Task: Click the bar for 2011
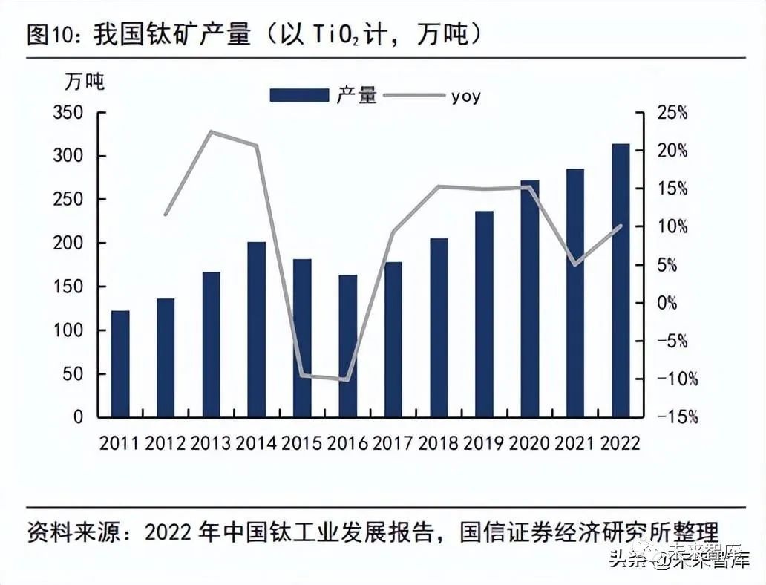tap(120, 364)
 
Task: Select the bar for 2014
tap(256, 330)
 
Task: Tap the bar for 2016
tap(347, 346)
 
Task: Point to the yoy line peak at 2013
tap(211, 132)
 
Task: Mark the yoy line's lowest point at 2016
tap(347, 379)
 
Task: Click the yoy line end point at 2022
tap(621, 226)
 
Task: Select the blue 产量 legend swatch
tap(298, 95)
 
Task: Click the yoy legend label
tap(465, 96)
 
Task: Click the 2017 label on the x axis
tap(393, 443)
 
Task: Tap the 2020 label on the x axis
tap(529, 443)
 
